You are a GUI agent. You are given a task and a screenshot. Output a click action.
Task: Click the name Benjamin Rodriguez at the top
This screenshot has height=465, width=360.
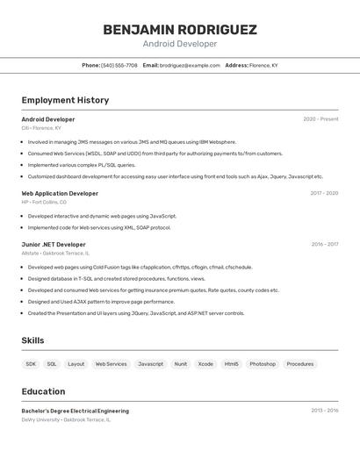pyautogui.click(x=180, y=30)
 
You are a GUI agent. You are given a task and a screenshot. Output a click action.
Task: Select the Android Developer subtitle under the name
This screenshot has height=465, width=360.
pyautogui.click(x=180, y=44)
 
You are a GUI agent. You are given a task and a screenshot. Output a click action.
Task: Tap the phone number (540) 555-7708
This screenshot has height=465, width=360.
pyautogui.click(x=119, y=65)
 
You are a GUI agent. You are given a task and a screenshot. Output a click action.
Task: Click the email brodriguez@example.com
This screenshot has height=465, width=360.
pyautogui.click(x=190, y=65)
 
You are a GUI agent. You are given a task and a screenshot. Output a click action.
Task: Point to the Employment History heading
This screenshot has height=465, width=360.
pyautogui.click(x=65, y=100)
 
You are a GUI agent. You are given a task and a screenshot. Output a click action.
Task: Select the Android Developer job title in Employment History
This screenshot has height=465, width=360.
pyautogui.click(x=48, y=119)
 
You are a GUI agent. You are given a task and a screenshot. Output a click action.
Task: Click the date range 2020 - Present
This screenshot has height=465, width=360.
pyautogui.click(x=320, y=119)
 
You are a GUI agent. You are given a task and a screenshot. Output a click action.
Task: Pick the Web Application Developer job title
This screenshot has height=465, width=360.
pyautogui.click(x=60, y=193)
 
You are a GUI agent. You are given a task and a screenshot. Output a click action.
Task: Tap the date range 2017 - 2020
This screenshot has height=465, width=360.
pyautogui.click(x=324, y=193)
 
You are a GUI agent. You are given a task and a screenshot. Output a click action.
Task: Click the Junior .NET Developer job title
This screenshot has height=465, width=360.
pyautogui.click(x=54, y=245)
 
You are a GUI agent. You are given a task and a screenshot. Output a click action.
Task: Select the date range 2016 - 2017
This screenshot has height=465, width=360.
pyautogui.click(x=324, y=245)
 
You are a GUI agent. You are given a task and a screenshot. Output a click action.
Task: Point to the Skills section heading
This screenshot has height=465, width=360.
pyautogui.click(x=32, y=340)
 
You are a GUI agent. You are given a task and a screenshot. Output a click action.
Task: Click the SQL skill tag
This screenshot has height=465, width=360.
pyautogui.click(x=52, y=364)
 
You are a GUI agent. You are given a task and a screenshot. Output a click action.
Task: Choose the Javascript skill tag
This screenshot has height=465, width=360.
pyautogui.click(x=150, y=364)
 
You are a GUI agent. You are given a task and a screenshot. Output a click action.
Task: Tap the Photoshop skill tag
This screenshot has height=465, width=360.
pyautogui.click(x=262, y=364)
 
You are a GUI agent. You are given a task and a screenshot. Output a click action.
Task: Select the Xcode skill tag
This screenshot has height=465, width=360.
pyautogui.click(x=205, y=364)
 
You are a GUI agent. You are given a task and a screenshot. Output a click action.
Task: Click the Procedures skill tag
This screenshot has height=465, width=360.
pyautogui.click(x=299, y=364)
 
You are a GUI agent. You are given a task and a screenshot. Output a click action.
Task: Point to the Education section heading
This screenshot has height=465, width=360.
pyautogui.click(x=43, y=391)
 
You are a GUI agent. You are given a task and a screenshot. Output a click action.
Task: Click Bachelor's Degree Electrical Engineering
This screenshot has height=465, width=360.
pyautogui.click(x=75, y=411)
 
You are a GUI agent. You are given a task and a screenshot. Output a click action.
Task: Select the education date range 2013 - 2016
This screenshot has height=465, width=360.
pyautogui.click(x=324, y=411)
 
